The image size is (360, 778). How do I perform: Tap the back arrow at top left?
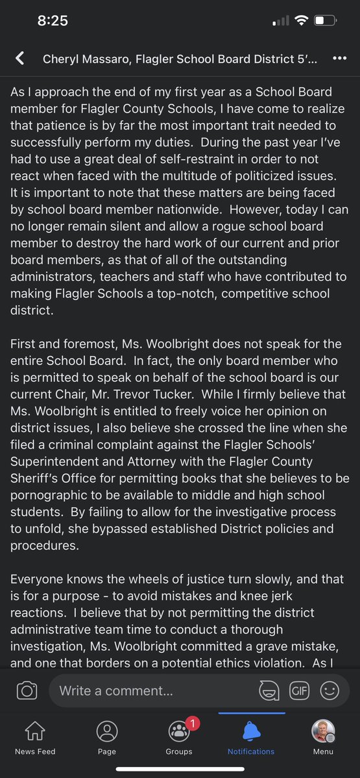[x=20, y=58]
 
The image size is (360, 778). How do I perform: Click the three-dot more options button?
[x=339, y=58]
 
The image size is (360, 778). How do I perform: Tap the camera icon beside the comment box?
[x=27, y=690]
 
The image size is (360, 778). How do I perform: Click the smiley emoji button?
[x=330, y=690]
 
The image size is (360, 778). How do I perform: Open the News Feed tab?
[x=35, y=737]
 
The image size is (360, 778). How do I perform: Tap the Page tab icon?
[x=107, y=737]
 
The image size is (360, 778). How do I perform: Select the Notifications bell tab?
[x=251, y=737]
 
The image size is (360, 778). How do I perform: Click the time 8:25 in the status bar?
[x=53, y=21]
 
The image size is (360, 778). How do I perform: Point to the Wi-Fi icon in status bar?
[x=300, y=21]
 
